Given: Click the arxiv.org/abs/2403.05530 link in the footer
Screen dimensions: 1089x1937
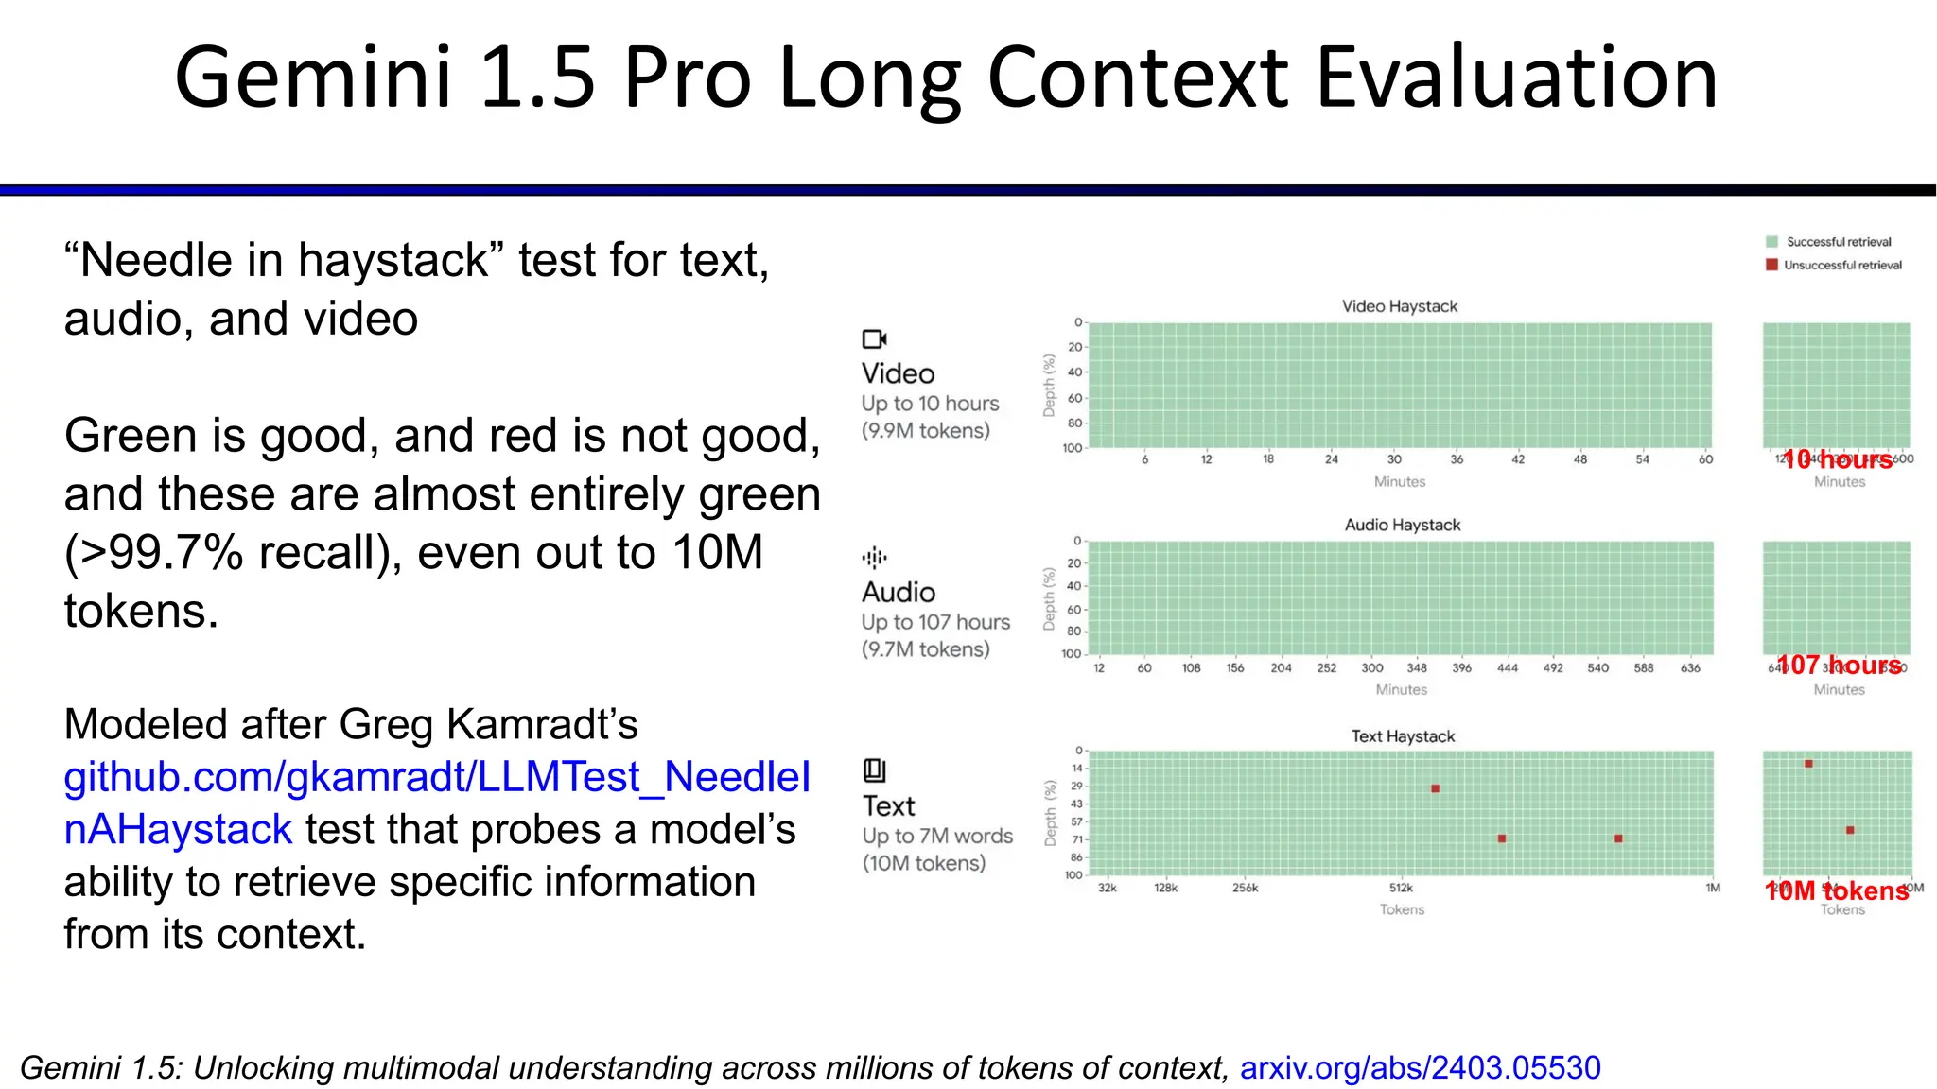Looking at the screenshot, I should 1420,1067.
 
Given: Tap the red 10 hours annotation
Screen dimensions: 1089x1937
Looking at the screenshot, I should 1837,459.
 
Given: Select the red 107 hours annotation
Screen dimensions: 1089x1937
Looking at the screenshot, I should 1838,665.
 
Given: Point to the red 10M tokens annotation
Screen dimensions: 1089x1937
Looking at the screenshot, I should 1836,890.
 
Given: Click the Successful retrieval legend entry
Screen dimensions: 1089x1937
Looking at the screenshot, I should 1838,242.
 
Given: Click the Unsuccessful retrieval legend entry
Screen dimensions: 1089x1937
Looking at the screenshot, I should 1841,266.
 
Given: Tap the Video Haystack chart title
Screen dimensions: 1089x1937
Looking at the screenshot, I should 1399,306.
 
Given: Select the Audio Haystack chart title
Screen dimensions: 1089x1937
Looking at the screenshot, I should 1402,525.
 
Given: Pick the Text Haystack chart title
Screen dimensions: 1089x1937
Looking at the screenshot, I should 1402,736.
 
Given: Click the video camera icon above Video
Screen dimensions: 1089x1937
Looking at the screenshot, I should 874,338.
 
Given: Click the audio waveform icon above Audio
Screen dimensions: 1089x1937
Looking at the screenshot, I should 874,558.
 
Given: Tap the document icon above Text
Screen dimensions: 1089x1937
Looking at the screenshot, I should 874,770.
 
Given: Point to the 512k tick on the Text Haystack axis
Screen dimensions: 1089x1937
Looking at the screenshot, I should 1401,888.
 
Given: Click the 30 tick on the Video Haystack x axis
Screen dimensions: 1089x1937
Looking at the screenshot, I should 1394,459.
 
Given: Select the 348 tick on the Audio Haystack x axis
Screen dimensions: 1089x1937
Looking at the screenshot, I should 1416,667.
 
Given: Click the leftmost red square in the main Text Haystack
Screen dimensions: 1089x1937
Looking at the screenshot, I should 1435,788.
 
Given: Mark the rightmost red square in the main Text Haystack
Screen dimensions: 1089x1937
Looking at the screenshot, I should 1618,838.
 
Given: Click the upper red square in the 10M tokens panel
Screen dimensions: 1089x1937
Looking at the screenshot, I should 1808,764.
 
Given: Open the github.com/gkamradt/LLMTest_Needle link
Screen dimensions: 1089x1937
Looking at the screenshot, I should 436,777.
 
